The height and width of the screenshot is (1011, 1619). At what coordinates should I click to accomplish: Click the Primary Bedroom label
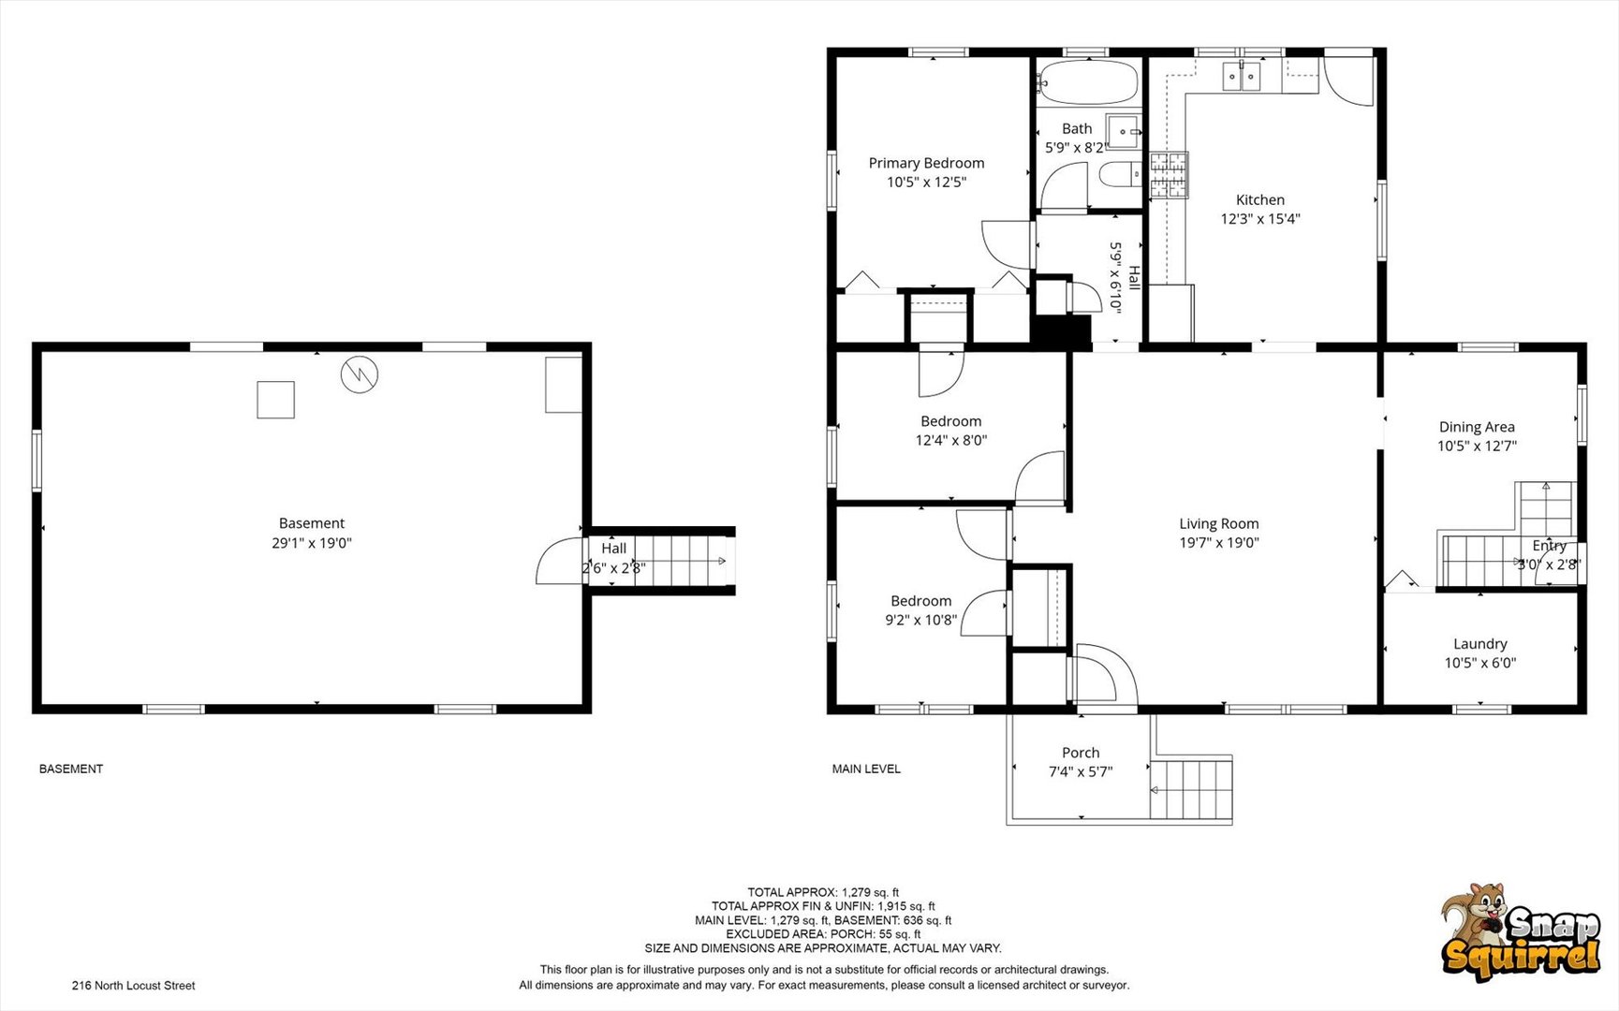click(x=926, y=163)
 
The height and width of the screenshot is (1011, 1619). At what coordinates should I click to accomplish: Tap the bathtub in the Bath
click(x=1088, y=82)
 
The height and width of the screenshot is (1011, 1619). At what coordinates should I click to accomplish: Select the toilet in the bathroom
click(x=1120, y=174)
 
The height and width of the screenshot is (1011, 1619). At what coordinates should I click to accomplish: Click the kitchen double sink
click(x=1243, y=76)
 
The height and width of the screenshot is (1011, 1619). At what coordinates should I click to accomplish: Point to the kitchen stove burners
click(x=1169, y=175)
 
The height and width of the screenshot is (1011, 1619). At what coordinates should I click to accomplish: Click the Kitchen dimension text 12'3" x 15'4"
click(x=1260, y=219)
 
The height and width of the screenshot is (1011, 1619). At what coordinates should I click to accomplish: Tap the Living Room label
click(x=1219, y=524)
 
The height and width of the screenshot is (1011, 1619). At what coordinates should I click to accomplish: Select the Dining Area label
click(x=1477, y=427)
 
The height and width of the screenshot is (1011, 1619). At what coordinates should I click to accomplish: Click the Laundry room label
click(x=1480, y=644)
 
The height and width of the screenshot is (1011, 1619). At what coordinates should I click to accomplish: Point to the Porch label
click(x=1081, y=753)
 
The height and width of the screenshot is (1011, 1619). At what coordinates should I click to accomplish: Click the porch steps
click(x=1191, y=791)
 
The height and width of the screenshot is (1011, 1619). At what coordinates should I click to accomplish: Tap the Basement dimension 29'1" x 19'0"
click(x=312, y=543)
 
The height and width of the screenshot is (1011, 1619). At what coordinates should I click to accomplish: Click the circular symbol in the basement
click(x=360, y=374)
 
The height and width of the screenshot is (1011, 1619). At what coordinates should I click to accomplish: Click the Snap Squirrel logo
click(x=1521, y=932)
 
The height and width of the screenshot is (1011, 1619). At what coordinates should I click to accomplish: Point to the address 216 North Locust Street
click(x=134, y=986)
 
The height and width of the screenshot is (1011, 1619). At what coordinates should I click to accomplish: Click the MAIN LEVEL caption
click(x=866, y=769)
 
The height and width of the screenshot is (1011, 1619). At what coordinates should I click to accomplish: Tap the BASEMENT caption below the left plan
click(x=71, y=769)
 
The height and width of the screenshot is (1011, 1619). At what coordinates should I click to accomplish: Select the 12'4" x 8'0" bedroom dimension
click(x=951, y=440)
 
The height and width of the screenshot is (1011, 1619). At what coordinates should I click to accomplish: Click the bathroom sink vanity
click(x=1124, y=132)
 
